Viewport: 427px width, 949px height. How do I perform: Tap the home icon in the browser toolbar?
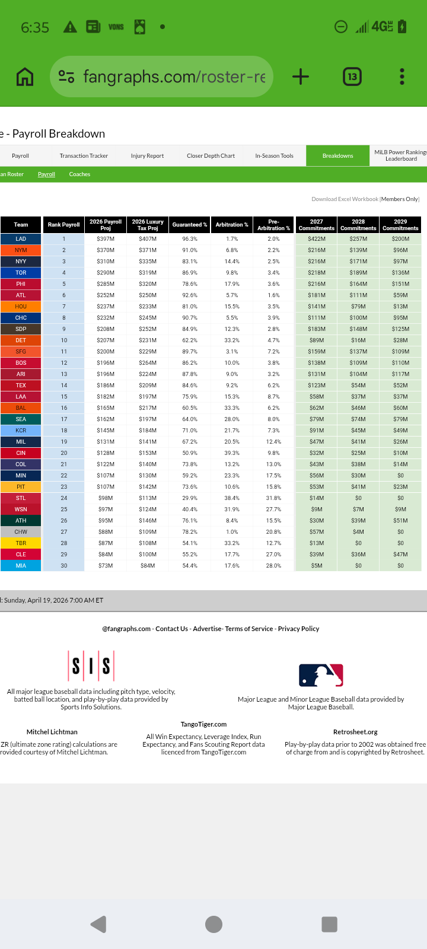[x=25, y=77]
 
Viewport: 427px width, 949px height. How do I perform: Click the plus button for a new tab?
[x=301, y=77]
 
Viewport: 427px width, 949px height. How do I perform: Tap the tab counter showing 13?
[x=352, y=77]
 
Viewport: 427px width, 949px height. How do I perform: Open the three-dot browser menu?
[x=402, y=77]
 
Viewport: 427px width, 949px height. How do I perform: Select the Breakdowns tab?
[x=337, y=156]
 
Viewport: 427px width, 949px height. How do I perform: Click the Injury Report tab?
[x=147, y=156]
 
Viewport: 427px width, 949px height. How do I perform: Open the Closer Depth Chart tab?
[x=211, y=156]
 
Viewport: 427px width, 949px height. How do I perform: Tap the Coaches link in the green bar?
[x=79, y=174]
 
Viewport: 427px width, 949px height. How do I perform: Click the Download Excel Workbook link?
[x=345, y=199]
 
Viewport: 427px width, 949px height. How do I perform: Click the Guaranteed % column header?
[x=190, y=225]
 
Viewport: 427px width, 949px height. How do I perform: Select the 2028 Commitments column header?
[x=358, y=225]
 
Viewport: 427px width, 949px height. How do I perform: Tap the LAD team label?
[x=21, y=239]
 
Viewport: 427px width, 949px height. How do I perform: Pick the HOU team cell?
[x=21, y=307]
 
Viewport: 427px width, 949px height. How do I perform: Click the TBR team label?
[x=21, y=543]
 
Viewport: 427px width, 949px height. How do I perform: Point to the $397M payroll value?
[x=106, y=239]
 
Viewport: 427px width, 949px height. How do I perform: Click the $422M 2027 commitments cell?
[x=317, y=239]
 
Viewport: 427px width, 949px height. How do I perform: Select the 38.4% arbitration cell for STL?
[x=232, y=498]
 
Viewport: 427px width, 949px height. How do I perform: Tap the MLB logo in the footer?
[x=321, y=675]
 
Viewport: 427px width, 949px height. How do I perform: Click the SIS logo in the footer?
[x=91, y=666]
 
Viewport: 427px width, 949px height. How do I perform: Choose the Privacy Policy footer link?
[x=298, y=629]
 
